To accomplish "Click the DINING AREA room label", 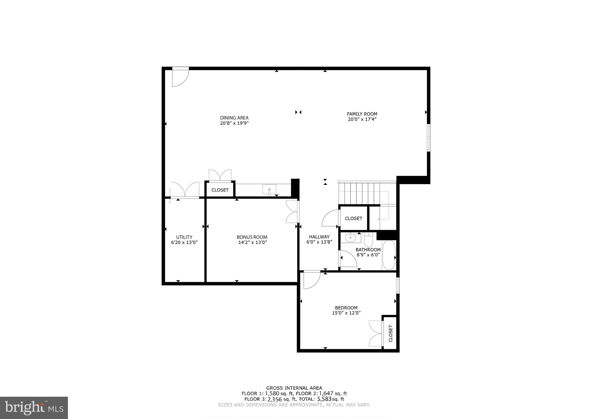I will (234, 118).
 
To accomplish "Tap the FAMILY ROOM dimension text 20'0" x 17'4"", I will (362, 119).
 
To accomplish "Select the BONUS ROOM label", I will (252, 237).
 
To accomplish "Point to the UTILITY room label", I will (184, 237).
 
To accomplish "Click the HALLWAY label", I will (319, 237).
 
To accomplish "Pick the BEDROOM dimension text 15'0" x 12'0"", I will (346, 313).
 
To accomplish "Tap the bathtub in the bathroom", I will (388, 255).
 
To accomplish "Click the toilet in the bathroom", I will (369, 239).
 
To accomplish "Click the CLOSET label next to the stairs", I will (354, 218).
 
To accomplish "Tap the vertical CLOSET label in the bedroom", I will (391, 333).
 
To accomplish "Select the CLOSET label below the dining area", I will (220, 190).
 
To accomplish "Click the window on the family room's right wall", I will (428, 138).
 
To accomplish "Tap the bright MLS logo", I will (34, 408).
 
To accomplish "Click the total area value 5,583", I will (324, 399).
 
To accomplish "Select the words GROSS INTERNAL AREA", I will (294, 388).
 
